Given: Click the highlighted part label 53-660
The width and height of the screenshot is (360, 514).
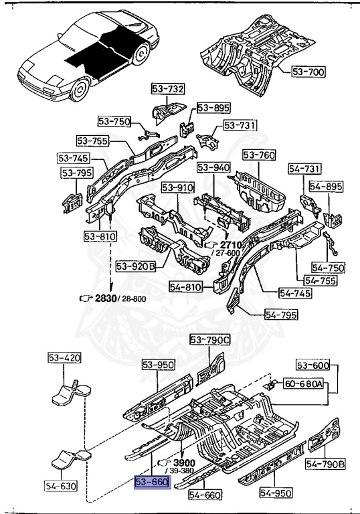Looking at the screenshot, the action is click(153, 482).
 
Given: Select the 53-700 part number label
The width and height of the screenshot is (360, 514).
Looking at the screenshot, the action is click(308, 72).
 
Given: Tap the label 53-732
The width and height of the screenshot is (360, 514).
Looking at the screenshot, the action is click(168, 89).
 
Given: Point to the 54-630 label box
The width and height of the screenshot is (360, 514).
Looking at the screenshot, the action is click(61, 485).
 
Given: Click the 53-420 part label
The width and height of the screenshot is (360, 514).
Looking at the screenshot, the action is click(65, 357).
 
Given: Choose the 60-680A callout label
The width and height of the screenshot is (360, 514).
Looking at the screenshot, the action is click(303, 383).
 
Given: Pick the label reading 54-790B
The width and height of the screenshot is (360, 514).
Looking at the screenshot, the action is click(325, 464).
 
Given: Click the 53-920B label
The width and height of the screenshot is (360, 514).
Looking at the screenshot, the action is click(136, 266).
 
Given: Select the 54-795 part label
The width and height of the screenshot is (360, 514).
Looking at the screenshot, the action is click(281, 315).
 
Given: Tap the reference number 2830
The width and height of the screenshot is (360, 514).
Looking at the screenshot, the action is click(106, 298).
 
